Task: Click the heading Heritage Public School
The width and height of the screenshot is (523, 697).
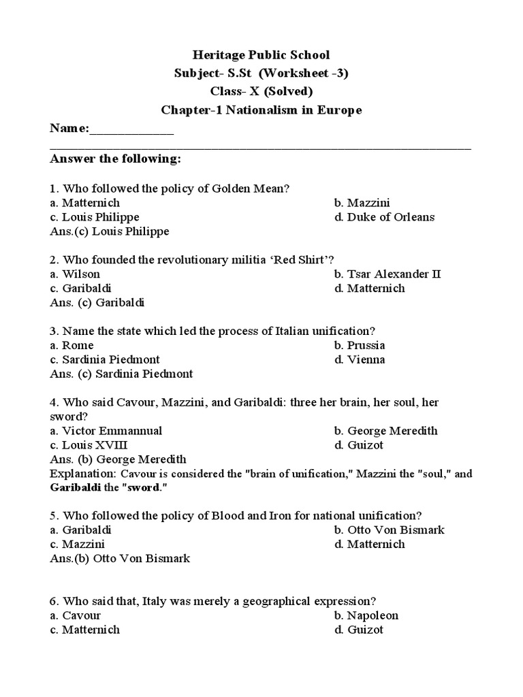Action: coord(261,55)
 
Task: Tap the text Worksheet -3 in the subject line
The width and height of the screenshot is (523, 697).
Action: coord(313,74)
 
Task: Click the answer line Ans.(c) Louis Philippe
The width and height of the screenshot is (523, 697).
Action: coord(110,231)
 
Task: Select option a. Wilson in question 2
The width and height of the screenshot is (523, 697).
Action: coord(75,274)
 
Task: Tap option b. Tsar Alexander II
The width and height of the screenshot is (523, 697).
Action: coord(387,274)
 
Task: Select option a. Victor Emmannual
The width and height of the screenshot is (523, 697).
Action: coord(106,431)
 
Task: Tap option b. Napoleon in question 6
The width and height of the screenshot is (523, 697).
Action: coord(366,616)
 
